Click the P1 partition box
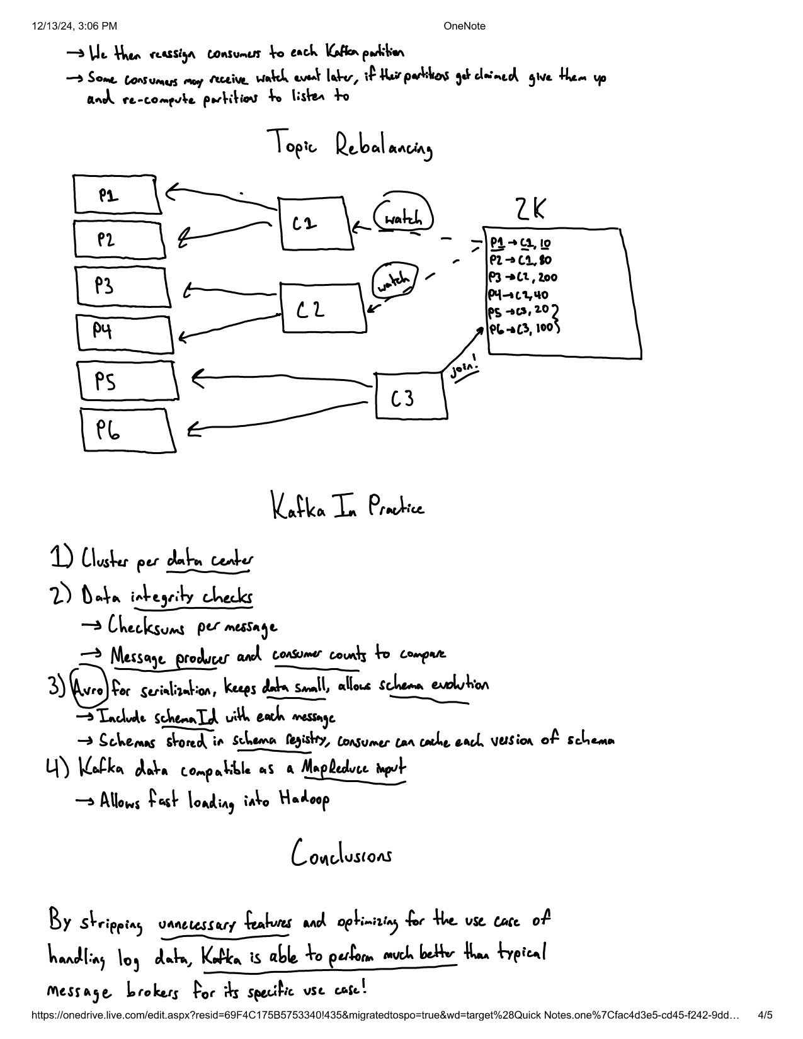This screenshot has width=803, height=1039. [115, 195]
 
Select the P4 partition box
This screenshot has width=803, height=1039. [125, 332]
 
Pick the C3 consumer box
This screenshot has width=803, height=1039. [411, 397]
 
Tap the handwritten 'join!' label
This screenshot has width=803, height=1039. [464, 369]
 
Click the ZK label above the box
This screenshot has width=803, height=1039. [530, 210]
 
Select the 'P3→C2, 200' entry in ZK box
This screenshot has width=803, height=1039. [523, 278]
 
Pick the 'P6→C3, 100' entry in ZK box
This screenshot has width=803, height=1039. [523, 328]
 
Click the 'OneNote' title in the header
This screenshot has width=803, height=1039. [464, 26]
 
